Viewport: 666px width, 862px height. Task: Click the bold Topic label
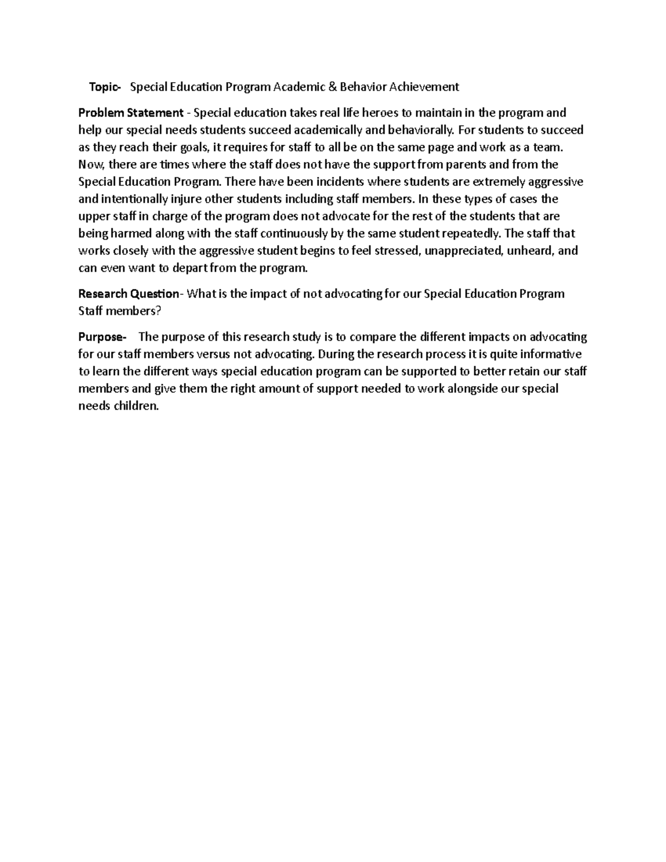click(x=104, y=87)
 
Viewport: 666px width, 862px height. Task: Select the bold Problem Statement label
click(x=130, y=113)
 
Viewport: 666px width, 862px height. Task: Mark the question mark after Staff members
click(x=158, y=311)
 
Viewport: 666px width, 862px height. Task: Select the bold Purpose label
click(x=102, y=337)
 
